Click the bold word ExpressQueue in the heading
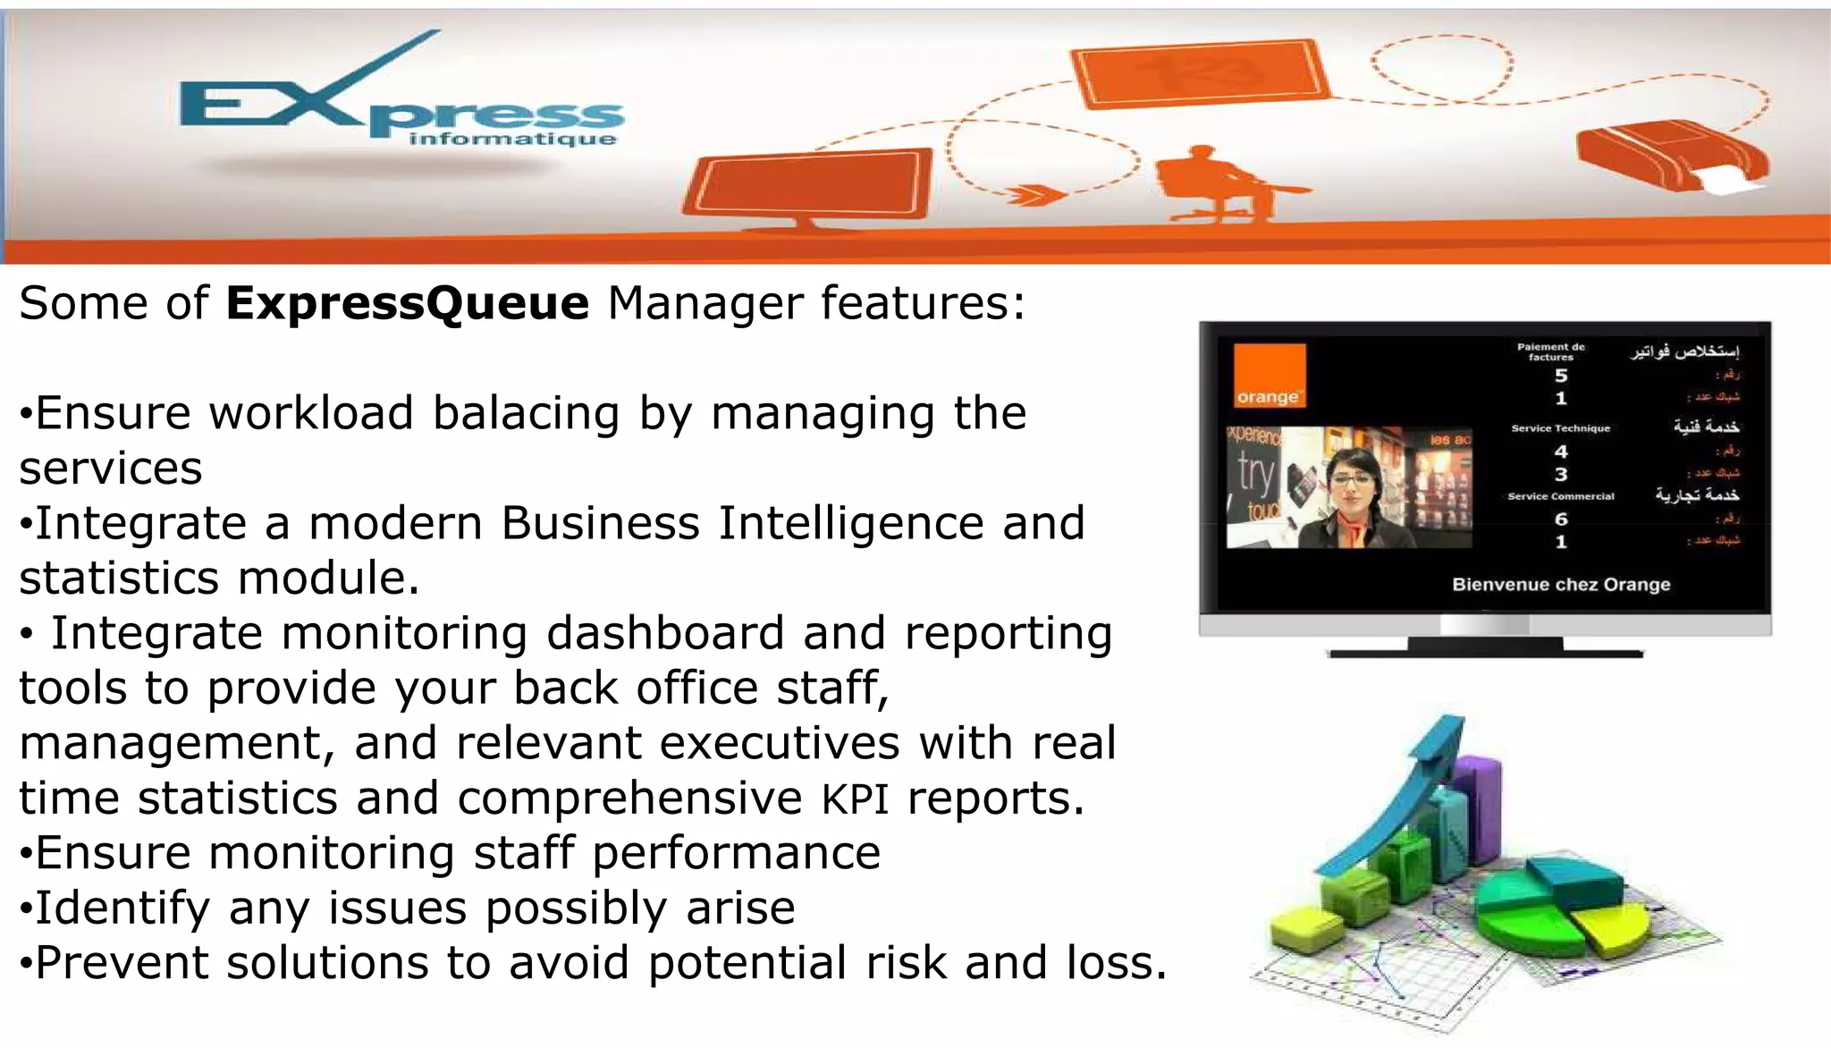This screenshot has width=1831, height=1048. (407, 303)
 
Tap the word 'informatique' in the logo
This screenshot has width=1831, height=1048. (512, 139)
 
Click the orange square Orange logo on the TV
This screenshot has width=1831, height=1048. (1269, 376)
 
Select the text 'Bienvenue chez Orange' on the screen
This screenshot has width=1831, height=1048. (1560, 585)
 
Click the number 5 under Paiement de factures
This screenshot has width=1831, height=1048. (1560, 376)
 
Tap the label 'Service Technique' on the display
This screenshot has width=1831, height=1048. (1560, 428)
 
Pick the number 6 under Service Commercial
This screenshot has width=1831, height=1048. (1560, 520)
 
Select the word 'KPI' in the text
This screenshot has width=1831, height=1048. (855, 799)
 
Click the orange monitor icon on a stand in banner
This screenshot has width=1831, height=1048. (809, 188)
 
